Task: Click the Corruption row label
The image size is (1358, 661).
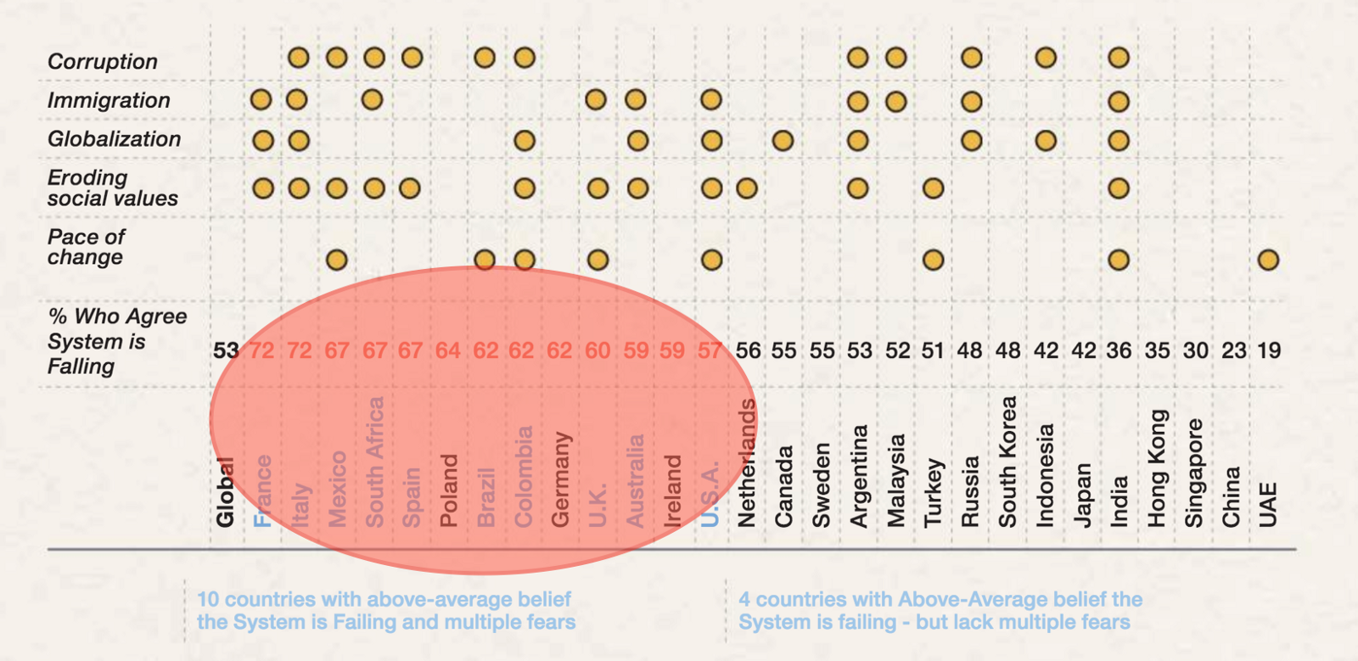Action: tap(103, 61)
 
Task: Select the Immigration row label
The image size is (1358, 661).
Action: tap(109, 100)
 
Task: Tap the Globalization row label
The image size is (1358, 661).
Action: tap(114, 139)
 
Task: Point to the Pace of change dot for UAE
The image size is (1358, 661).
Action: tap(1268, 260)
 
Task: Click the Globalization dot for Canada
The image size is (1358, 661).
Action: tap(783, 140)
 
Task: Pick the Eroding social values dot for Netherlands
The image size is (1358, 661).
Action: tap(747, 188)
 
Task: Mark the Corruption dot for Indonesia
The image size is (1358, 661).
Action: tap(1046, 58)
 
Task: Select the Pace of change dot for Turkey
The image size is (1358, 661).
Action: tap(933, 260)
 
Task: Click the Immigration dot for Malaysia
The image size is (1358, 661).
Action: tap(895, 102)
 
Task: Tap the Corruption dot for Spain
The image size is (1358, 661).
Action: tap(412, 58)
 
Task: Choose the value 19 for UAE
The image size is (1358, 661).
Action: tap(1268, 350)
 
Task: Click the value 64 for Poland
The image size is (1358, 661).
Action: tap(448, 350)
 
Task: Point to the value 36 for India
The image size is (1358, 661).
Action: tap(1119, 350)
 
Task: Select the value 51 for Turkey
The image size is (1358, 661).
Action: tap(933, 350)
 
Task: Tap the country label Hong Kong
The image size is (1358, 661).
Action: tap(1158, 468)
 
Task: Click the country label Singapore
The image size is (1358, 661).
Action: tap(1194, 473)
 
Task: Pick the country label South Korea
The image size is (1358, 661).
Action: tap(1007, 462)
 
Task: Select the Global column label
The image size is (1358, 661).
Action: tap(225, 492)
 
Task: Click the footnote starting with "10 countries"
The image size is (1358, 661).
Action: tap(386, 611)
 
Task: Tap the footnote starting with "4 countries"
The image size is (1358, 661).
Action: tap(940, 611)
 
